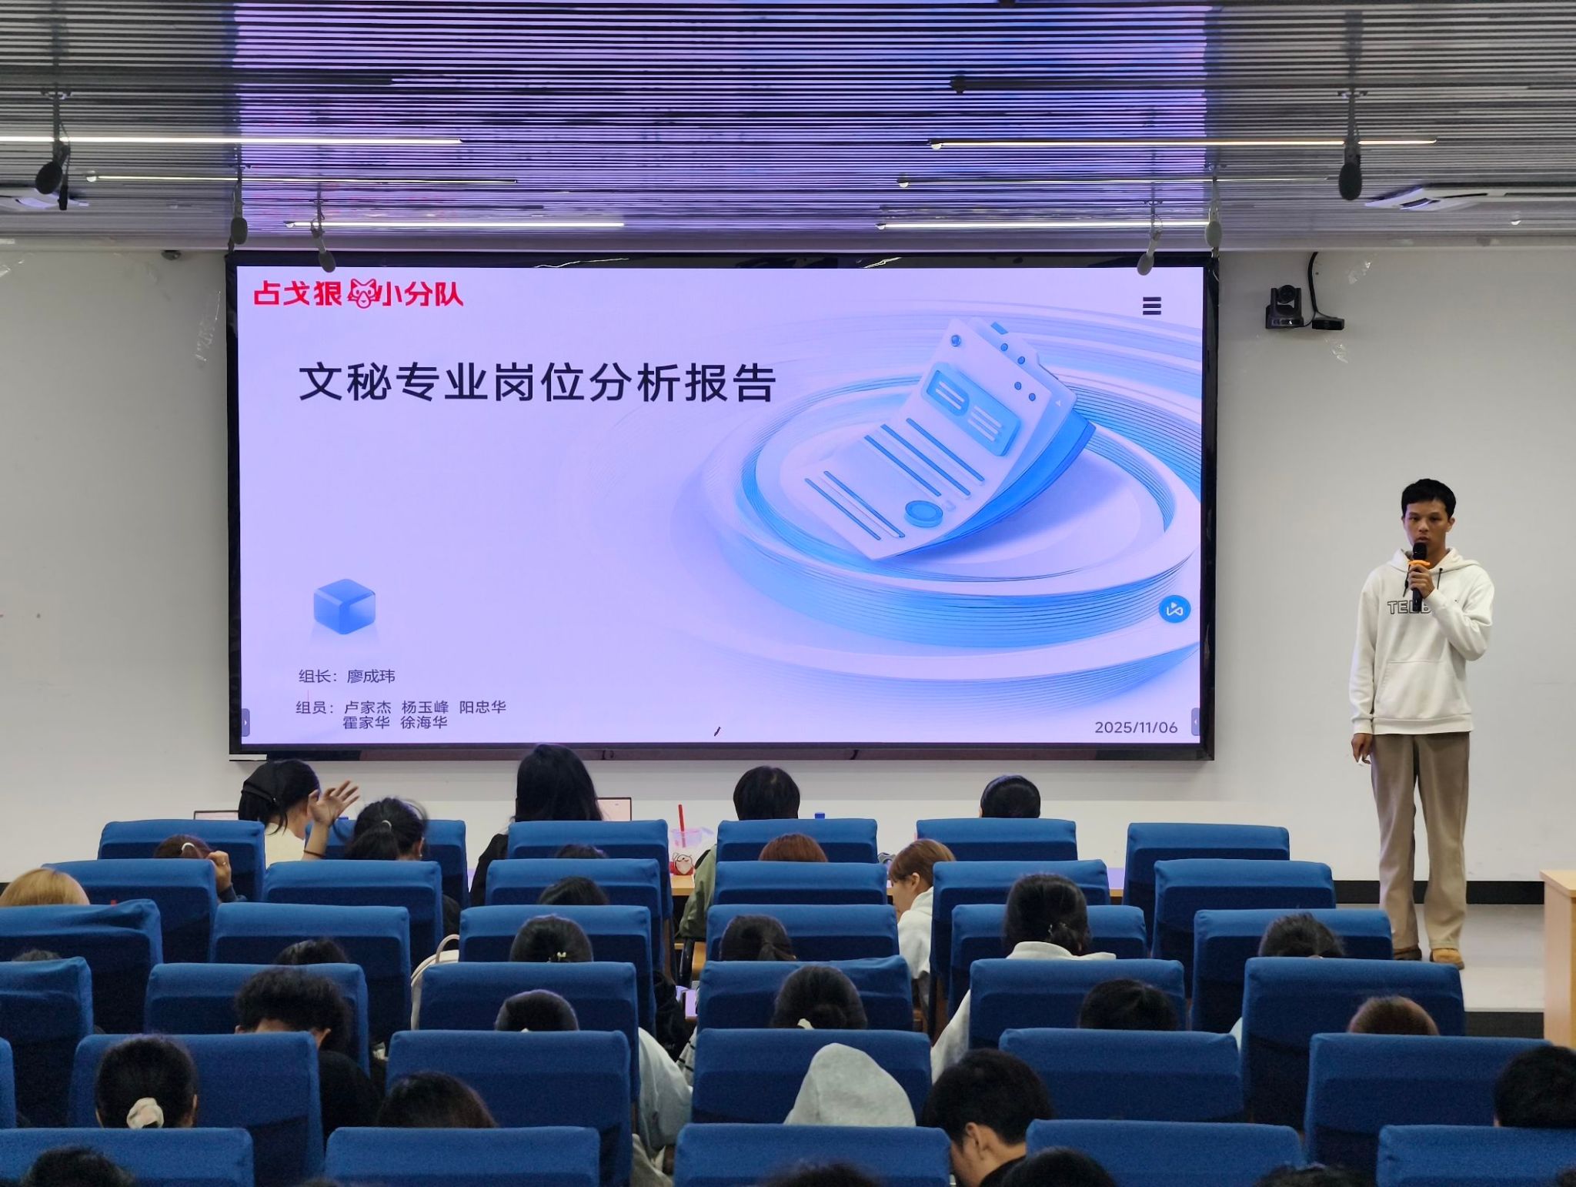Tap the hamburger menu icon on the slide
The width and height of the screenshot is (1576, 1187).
click(x=1151, y=306)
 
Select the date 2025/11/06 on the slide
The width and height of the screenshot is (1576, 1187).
click(x=1136, y=727)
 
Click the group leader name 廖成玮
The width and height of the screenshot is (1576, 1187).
click(x=371, y=677)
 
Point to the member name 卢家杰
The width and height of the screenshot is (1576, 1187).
click(x=367, y=707)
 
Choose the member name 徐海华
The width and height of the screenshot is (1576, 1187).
click(x=423, y=723)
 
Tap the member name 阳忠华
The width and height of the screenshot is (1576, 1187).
click(x=482, y=707)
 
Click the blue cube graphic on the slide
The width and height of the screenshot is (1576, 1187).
click(x=345, y=607)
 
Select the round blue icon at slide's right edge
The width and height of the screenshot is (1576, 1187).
click(x=1174, y=610)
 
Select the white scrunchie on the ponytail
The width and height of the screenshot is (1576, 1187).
click(x=145, y=1113)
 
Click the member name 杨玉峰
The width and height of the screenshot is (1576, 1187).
click(x=425, y=707)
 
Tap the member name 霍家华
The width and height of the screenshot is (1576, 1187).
click(x=366, y=723)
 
